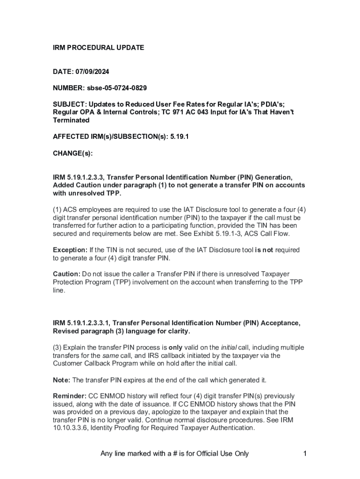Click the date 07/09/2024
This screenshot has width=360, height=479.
tap(93, 72)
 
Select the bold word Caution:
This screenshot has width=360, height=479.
tap(66, 274)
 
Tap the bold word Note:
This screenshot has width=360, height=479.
tap(61, 380)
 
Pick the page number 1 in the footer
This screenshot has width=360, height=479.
tap(304, 453)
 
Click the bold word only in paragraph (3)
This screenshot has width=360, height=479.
tap(175, 348)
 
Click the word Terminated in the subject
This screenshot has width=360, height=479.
tap(71, 120)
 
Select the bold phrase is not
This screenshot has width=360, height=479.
tap(264, 250)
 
